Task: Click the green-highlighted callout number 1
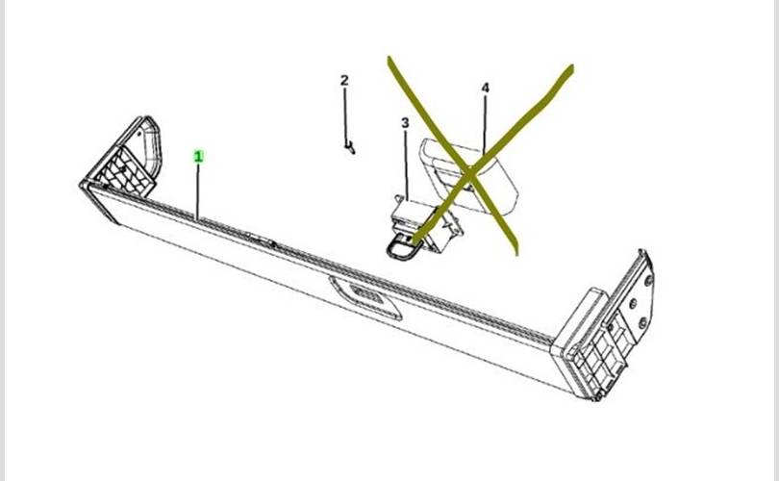click(199, 157)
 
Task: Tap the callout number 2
click(344, 80)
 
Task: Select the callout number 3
click(406, 122)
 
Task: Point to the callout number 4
click(486, 88)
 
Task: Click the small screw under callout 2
click(350, 147)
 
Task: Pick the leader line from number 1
click(198, 191)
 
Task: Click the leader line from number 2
click(345, 115)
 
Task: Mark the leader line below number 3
click(407, 165)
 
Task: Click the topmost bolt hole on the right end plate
click(648, 280)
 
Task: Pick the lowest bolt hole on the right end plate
click(642, 323)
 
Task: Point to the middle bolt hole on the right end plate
click(633, 303)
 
